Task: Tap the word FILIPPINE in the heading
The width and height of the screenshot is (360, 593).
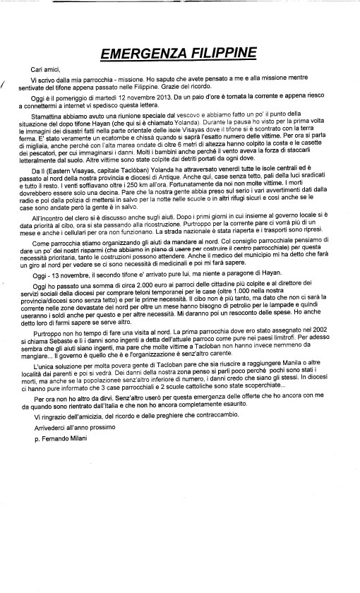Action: [225, 54]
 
